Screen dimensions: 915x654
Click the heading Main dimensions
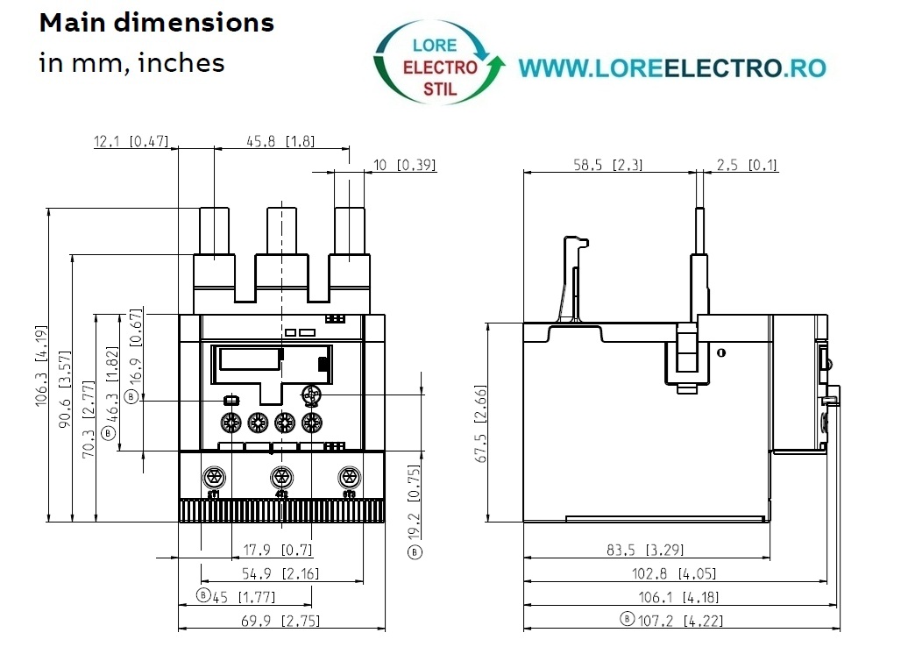pos(156,24)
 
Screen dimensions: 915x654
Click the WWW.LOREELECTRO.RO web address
pos(672,68)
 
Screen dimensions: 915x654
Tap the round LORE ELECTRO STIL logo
pos(439,63)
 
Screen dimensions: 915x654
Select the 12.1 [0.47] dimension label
pos(131,141)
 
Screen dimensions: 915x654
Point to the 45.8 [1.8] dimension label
pos(280,141)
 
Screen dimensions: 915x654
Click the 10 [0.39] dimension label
pos(404,165)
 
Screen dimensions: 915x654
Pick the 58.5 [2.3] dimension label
pos(607,165)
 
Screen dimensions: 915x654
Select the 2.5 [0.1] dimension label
pos(747,165)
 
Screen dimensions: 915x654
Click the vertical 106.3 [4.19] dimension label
pos(41,366)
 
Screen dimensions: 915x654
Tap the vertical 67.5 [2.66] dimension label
pos(480,424)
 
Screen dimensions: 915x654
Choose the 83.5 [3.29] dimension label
pos(645,550)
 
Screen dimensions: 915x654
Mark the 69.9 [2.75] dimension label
pos(280,621)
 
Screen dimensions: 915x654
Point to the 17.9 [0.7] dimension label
pos(278,550)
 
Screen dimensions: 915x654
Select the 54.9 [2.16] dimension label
pos(280,574)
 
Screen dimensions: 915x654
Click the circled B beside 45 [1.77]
pos(203,595)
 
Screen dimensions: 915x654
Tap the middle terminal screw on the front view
pos(282,478)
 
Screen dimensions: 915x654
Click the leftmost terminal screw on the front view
pos(214,478)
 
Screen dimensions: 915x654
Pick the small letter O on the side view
pos(721,352)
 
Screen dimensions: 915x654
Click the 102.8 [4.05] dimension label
pos(674,574)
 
